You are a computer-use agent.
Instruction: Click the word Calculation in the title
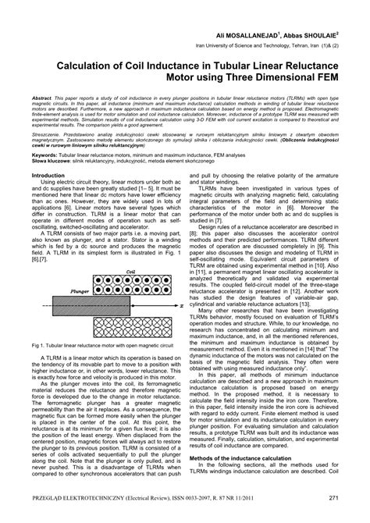(x=83, y=69)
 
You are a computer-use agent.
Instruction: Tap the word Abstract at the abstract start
(x=44, y=103)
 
